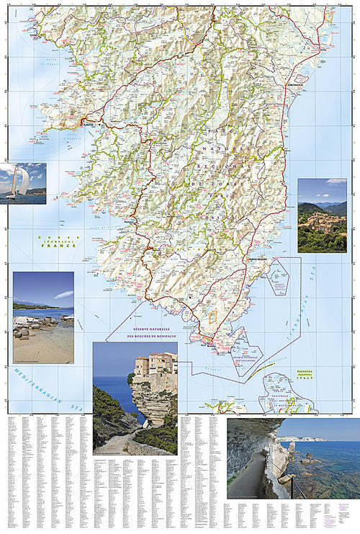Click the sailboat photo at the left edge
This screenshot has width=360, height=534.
click(x=23, y=183)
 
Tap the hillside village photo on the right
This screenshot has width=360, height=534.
click(x=322, y=215)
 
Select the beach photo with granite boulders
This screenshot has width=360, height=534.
click(x=43, y=317)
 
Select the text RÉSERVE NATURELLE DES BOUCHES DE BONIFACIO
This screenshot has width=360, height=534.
click(x=152, y=332)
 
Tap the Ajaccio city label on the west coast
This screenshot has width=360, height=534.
click(x=88, y=123)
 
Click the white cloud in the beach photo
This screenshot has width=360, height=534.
click(x=63, y=294)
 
